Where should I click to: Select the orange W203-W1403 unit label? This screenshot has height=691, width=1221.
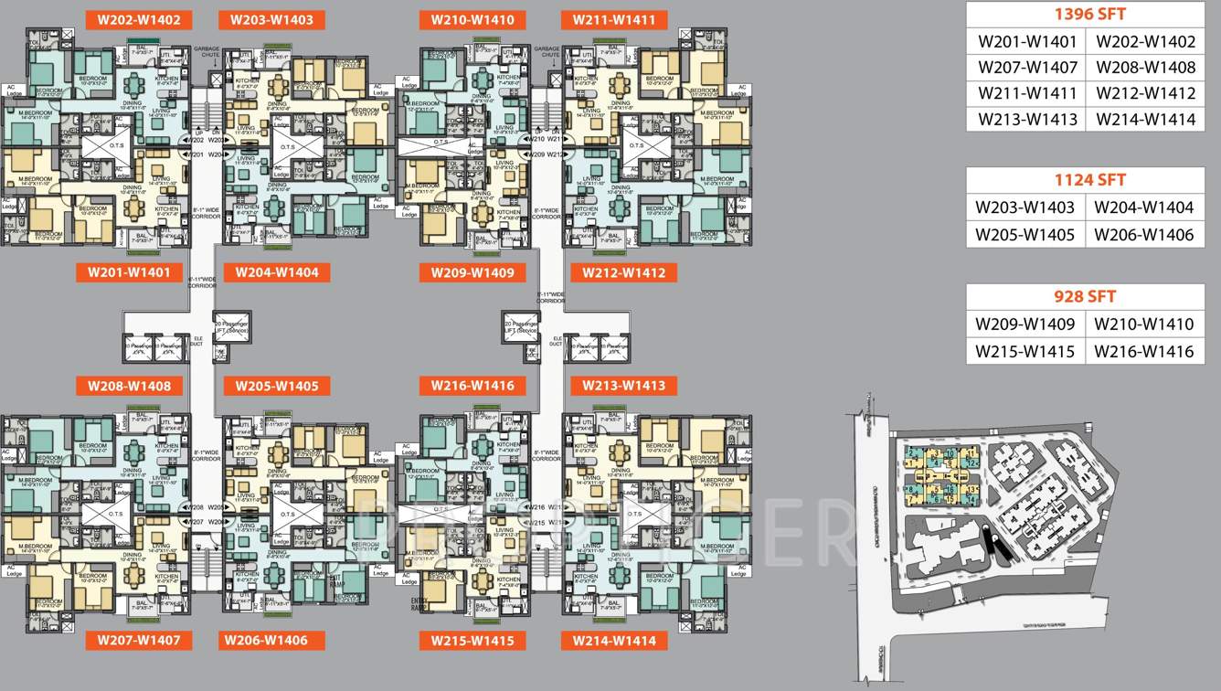tap(271, 20)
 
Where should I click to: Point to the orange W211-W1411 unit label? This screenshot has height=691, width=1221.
tap(614, 20)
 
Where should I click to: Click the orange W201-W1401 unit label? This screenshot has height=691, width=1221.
tap(129, 272)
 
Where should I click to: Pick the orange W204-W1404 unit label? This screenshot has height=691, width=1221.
tap(277, 272)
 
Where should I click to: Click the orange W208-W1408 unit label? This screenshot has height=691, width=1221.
tap(129, 386)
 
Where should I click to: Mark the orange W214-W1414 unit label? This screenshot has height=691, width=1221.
tap(614, 641)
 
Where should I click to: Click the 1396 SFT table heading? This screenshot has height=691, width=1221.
tap(1085, 15)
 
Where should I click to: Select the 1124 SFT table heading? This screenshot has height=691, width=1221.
tap(1085, 180)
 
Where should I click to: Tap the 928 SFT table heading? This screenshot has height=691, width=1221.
tap(1085, 297)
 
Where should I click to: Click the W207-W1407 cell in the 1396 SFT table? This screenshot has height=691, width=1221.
tap(1027, 68)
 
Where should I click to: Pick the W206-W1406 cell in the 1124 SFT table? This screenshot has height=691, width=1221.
tap(1144, 235)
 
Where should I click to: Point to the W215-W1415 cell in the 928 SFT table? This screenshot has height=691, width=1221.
tap(1025, 352)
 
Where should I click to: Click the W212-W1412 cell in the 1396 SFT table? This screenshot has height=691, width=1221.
tap(1145, 93)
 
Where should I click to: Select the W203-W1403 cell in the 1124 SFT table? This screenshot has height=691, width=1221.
tap(1025, 207)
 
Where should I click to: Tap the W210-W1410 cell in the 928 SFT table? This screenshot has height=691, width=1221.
tap(1144, 324)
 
